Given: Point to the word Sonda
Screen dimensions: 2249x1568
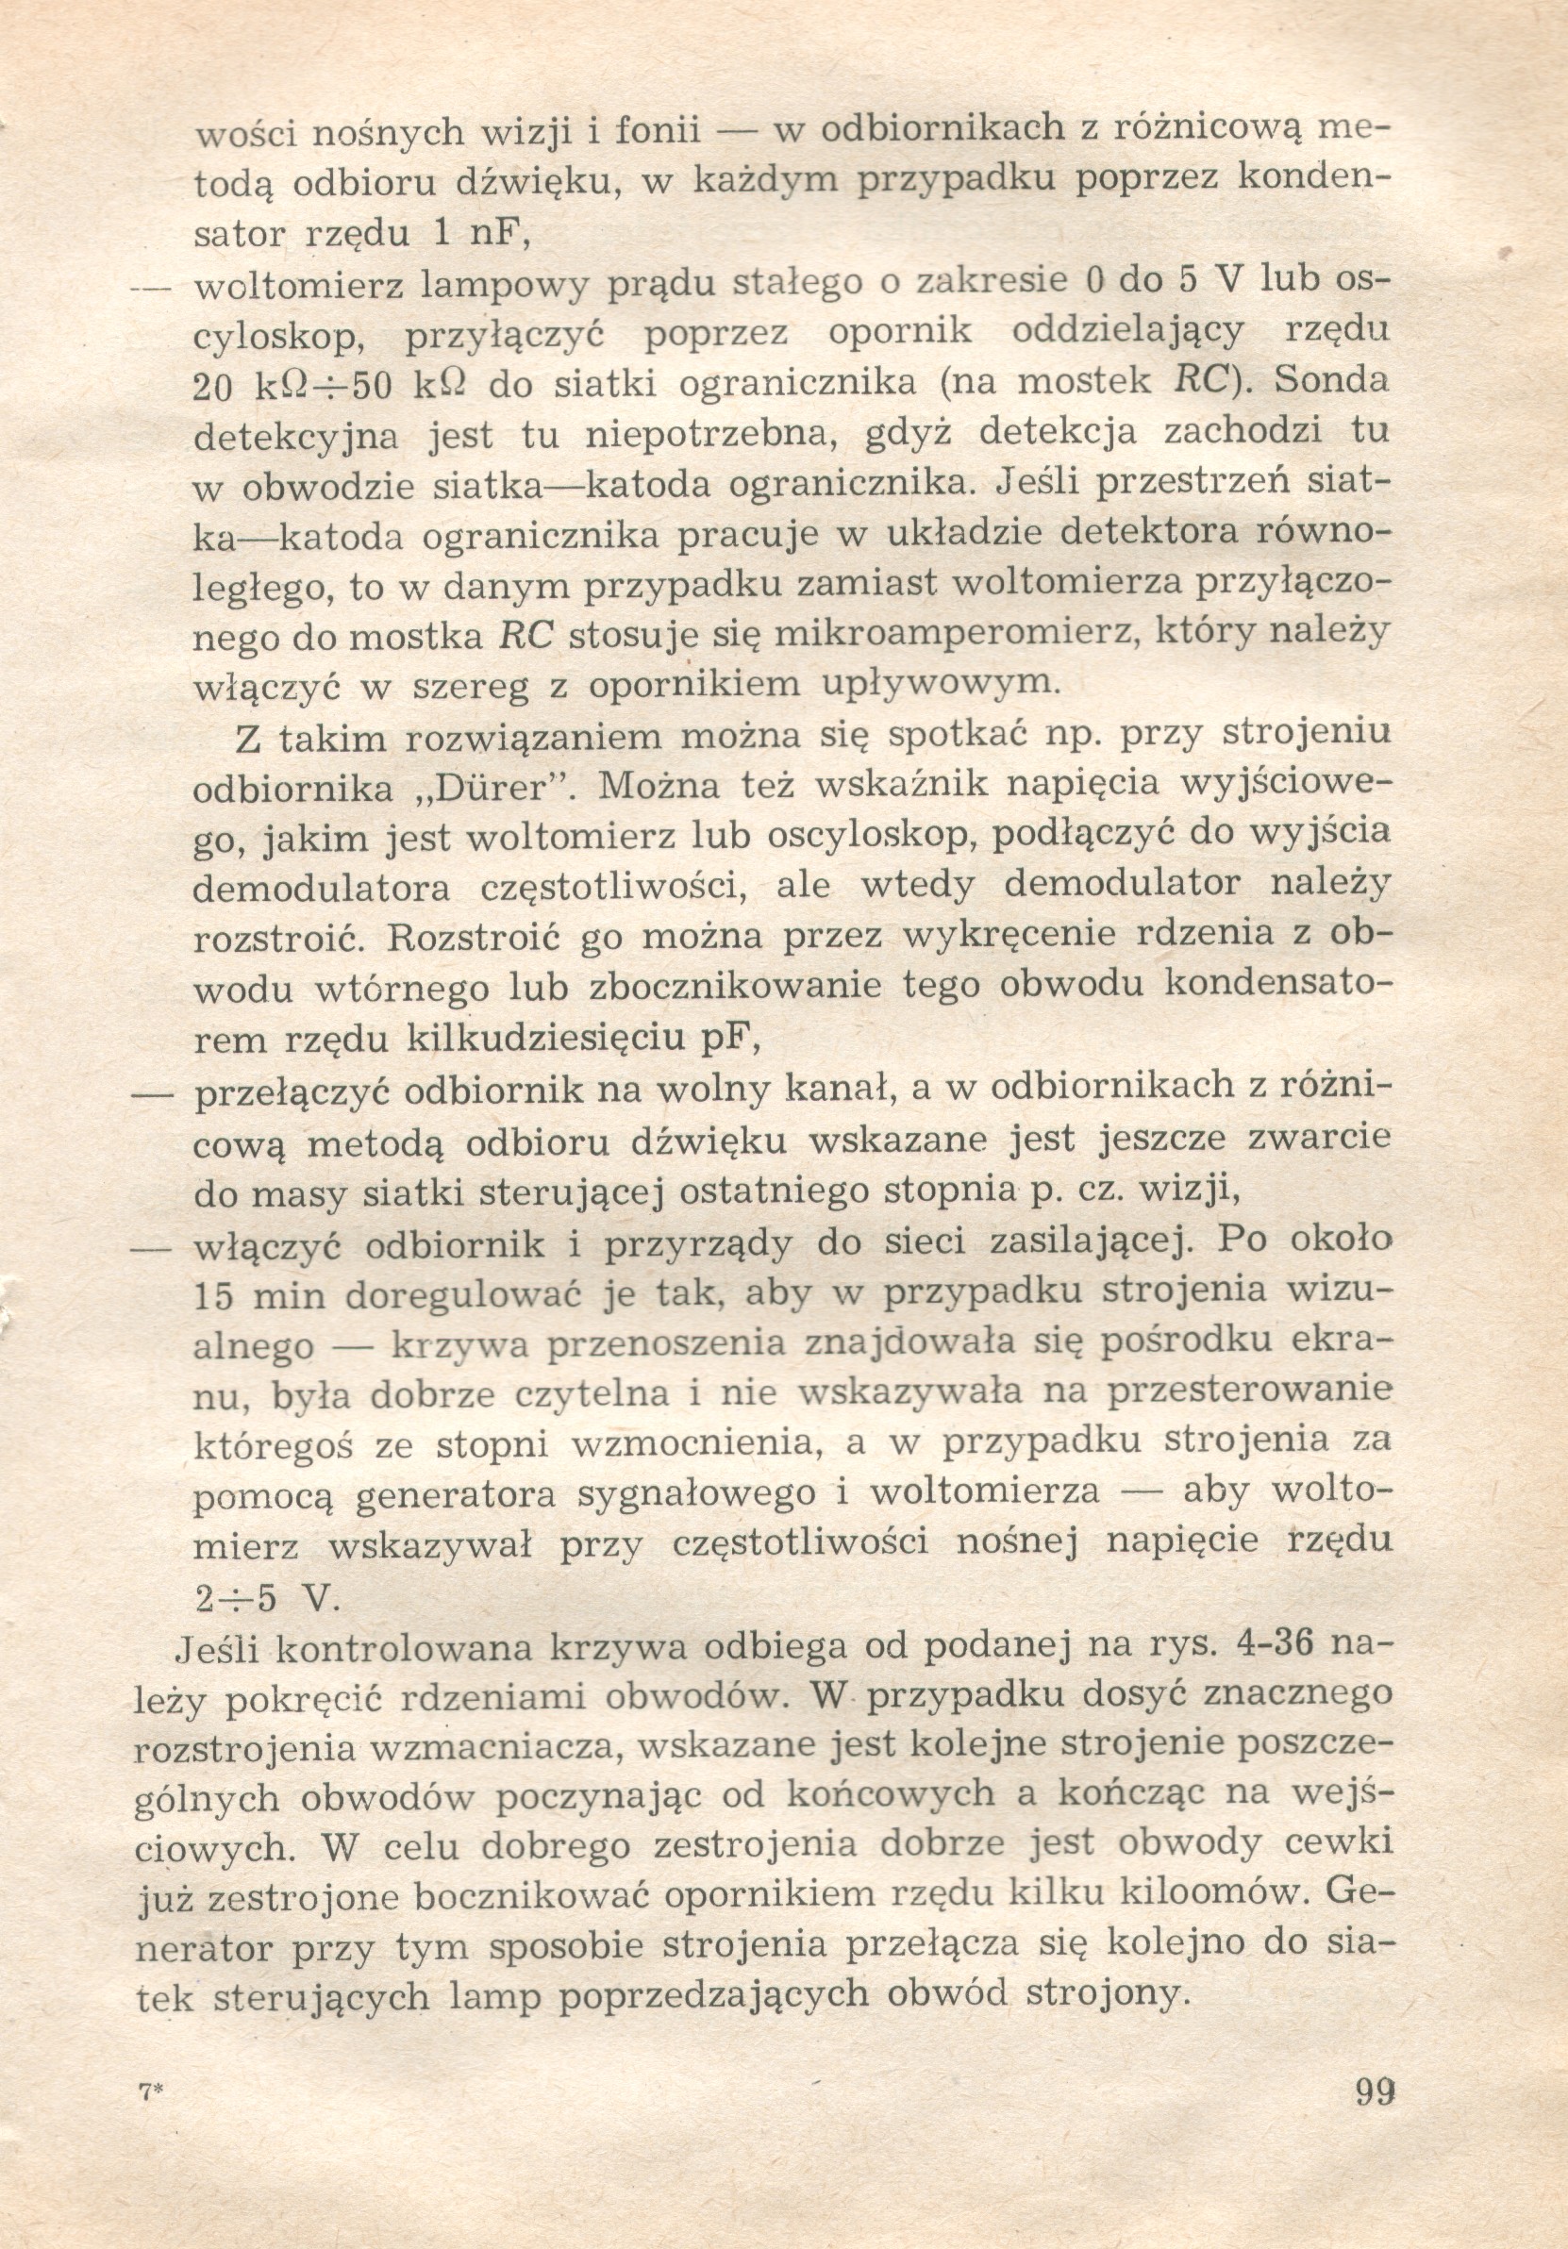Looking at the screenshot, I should tap(1332, 380).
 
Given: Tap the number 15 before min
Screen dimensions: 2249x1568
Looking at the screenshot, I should tap(213, 1296).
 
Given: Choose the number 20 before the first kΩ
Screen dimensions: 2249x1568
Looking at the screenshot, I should tap(212, 387).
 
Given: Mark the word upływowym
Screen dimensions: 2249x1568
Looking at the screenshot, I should tap(936, 683).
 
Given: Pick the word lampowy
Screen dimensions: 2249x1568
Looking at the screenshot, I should tap(504, 284).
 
